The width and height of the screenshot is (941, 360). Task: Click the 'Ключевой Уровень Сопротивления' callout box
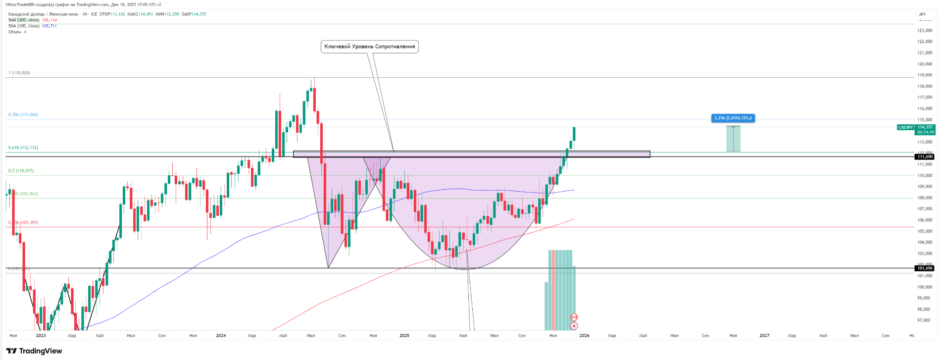tap(369, 47)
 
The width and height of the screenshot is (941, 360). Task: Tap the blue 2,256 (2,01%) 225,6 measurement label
tap(733, 118)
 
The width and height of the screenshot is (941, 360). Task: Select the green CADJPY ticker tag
tap(905, 127)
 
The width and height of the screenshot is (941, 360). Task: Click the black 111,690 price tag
tap(924, 156)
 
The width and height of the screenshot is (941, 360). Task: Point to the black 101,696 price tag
tap(924, 268)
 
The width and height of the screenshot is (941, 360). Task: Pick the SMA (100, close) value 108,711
tap(49, 26)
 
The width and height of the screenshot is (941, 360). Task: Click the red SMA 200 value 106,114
tap(49, 20)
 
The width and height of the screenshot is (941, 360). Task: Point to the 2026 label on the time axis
tap(584, 336)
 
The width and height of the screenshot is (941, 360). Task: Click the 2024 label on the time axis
tap(221, 336)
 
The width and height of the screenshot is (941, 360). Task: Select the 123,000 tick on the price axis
tap(924, 31)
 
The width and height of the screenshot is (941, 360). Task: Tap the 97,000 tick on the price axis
tap(924, 320)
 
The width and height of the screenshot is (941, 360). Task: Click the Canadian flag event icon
tap(574, 317)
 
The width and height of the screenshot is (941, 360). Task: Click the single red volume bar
tap(553, 290)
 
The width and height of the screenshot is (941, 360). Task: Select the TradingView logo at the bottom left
tap(34, 351)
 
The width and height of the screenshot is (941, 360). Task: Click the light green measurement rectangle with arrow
tap(733, 139)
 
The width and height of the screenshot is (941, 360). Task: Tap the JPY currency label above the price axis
tap(922, 14)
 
